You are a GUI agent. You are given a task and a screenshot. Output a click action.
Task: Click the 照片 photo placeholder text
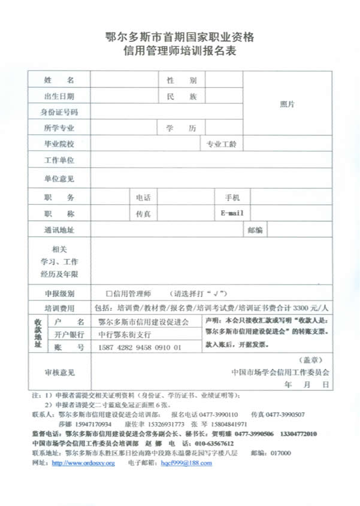(x=287, y=104)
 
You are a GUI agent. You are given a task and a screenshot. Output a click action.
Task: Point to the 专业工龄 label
(x=222, y=144)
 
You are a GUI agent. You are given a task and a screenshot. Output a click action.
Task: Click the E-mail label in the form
(x=232, y=214)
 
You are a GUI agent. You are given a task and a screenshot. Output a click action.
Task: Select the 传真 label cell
(x=143, y=214)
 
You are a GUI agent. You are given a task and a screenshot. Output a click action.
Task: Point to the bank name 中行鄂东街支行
(x=125, y=334)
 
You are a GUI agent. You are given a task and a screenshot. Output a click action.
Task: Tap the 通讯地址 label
(x=59, y=230)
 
